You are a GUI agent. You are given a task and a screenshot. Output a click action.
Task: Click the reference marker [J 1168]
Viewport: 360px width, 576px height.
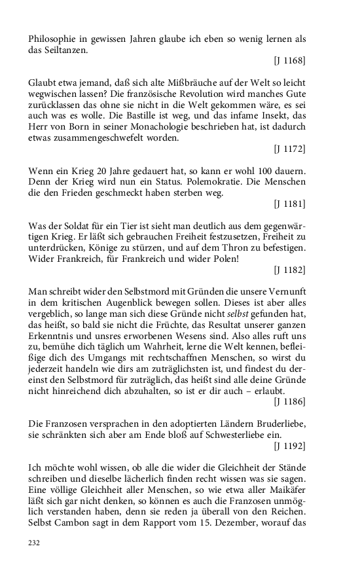(x=289, y=61)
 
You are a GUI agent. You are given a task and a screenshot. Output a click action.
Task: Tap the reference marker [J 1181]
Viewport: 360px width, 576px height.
(x=289, y=204)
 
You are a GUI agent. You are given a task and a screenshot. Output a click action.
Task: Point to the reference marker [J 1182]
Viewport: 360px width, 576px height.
(x=289, y=269)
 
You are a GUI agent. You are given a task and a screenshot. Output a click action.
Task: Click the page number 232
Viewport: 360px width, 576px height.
(x=35, y=542)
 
